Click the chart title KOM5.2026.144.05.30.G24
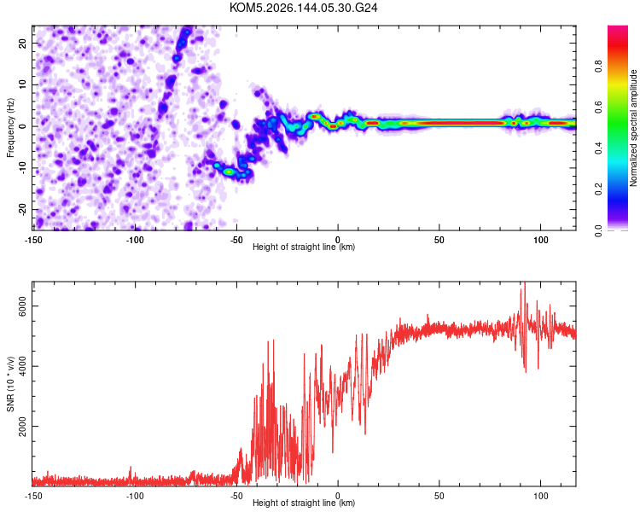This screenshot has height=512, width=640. (303, 8)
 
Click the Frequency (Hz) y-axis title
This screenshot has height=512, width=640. (10, 128)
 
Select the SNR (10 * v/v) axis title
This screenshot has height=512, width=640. (10, 384)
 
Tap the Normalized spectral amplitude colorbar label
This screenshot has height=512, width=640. (633, 128)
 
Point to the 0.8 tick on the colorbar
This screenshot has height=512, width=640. (598, 66)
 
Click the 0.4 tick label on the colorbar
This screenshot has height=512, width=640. (598, 148)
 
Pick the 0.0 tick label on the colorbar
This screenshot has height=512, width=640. (598, 231)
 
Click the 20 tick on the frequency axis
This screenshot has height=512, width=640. (22, 43)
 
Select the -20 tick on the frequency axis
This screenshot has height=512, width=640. (22, 209)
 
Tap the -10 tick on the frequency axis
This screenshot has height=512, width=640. (22, 168)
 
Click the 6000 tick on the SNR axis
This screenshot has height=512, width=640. (22, 306)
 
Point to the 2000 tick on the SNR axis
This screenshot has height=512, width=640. (22, 427)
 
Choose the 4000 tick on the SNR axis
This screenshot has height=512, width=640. (22, 366)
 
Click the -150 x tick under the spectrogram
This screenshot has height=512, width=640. (33, 240)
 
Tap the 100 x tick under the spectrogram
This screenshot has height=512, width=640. (541, 240)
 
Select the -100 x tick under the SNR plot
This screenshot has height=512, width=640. (134, 496)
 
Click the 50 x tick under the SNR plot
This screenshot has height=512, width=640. (439, 496)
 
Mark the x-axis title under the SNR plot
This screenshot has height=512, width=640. (304, 503)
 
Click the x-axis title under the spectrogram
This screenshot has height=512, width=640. (304, 247)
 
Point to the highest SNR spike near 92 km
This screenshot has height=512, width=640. (525, 283)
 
